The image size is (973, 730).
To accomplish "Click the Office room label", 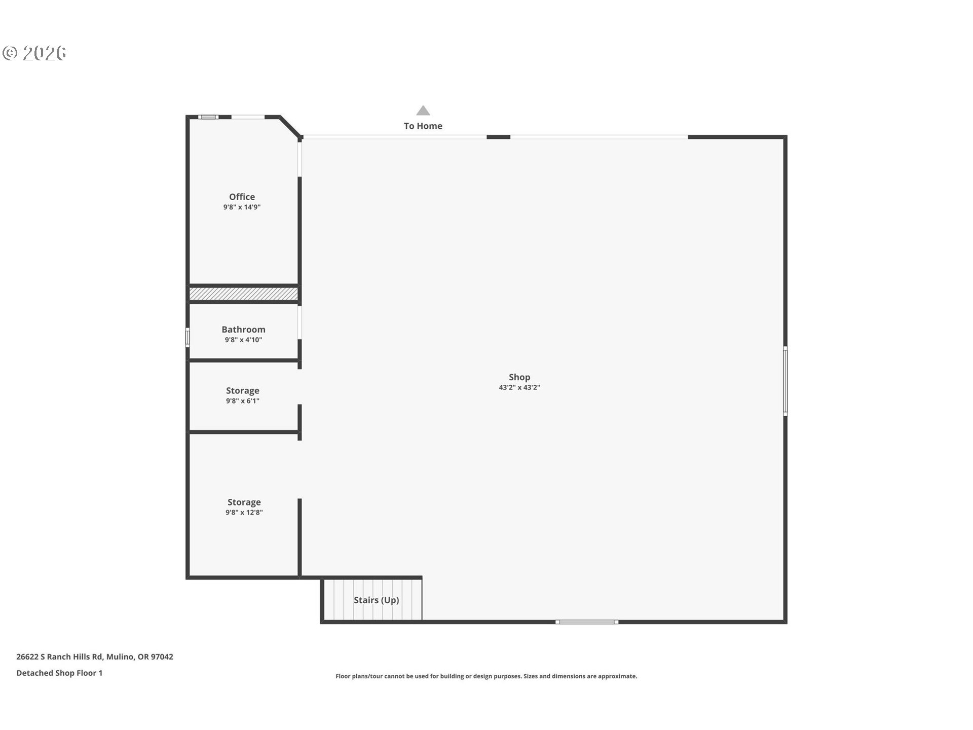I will point(242,197).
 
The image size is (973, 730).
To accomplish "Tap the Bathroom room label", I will point(243,330).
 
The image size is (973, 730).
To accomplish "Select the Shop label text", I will point(519,377).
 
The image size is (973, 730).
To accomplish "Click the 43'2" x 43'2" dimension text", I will point(519,388).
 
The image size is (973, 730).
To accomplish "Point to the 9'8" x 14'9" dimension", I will point(242,207).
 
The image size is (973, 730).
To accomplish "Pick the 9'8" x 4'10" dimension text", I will point(243,340).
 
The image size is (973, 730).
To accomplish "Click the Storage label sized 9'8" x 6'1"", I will point(242,391).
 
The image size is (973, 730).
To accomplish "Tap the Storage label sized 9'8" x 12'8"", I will point(244,502).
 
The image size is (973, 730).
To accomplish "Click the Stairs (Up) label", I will point(376,600).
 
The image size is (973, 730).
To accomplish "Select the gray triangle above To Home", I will point(423,111).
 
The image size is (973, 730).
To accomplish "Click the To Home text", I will point(423,126).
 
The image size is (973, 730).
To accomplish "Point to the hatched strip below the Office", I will point(243,294).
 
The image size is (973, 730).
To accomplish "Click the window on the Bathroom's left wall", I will point(188,337).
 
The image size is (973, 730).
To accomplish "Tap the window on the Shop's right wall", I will point(785,381).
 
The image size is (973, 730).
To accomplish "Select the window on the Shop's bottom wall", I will point(586,622).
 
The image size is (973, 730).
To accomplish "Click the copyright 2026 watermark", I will point(34,53).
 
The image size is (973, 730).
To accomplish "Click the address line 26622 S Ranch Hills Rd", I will point(95,657).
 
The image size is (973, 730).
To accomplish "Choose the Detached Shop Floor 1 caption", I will point(59,673).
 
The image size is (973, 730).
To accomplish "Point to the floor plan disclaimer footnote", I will point(486,676).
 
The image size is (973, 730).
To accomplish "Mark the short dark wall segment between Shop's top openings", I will point(498,137).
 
